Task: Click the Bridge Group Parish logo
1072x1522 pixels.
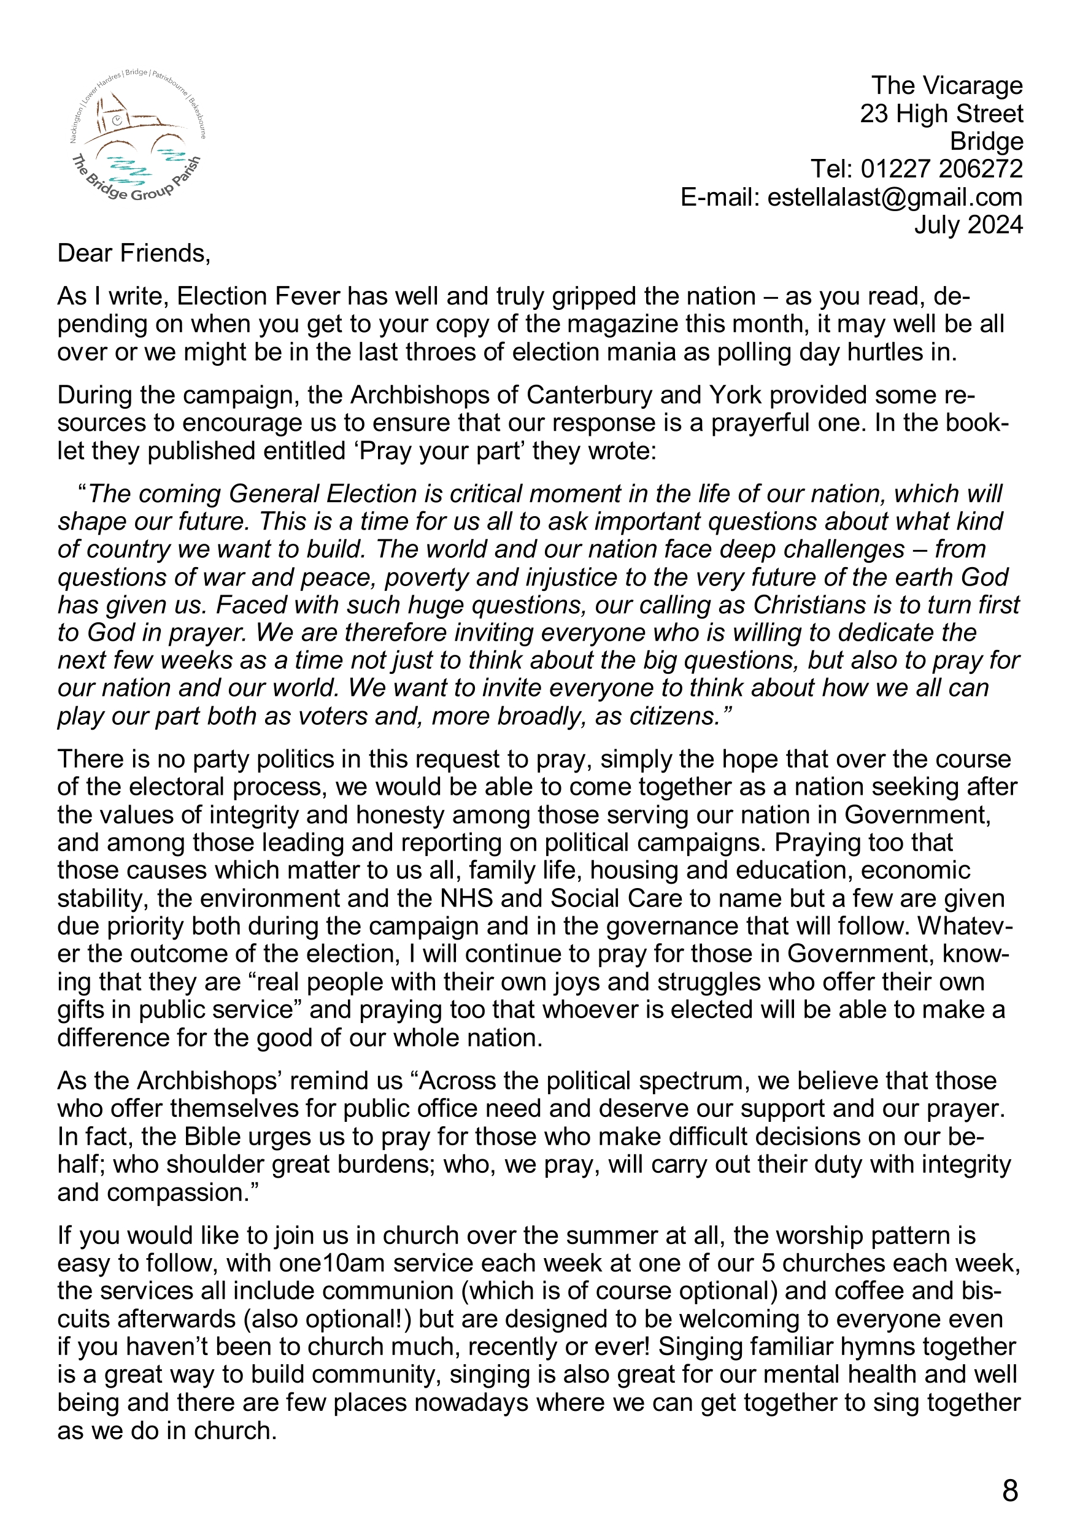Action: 138,135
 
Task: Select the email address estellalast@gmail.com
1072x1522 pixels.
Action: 894,198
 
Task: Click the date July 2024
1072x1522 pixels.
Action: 968,225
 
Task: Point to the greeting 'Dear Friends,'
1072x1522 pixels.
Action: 133,254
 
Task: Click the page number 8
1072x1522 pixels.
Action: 1009,1491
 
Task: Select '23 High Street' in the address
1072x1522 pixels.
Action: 941,114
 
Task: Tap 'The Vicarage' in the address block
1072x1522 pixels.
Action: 947,86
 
